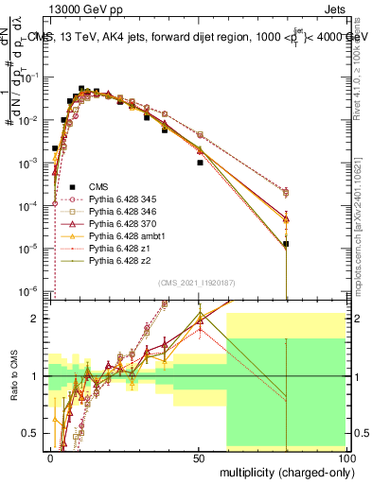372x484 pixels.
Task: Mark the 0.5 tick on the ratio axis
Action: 33,433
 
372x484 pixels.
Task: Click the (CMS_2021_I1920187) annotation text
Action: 198,283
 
